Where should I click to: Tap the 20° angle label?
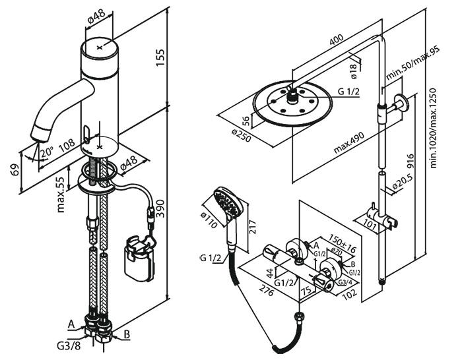pos(44,153)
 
